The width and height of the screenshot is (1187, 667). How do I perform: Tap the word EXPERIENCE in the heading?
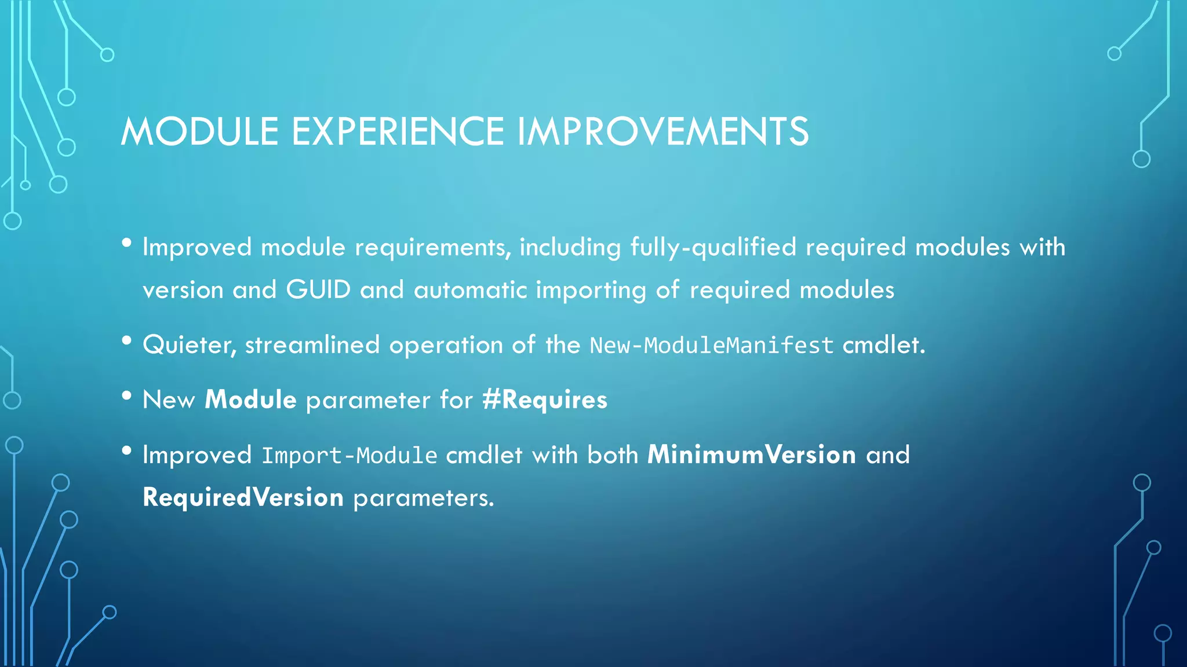398,131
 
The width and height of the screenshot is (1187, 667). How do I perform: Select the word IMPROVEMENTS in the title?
662,131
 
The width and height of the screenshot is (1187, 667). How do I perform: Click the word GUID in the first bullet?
318,289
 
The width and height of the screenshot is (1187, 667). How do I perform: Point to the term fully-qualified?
713,247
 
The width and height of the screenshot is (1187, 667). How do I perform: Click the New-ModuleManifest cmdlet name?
711,346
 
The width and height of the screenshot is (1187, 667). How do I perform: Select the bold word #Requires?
545,400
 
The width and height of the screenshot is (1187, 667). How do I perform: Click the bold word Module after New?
250,400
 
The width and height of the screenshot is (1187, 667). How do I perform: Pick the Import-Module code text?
349,456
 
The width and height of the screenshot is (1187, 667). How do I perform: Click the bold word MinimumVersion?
752,455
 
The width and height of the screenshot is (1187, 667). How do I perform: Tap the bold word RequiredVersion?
243,497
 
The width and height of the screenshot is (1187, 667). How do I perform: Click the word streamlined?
312,345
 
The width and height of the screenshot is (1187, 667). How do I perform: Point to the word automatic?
470,289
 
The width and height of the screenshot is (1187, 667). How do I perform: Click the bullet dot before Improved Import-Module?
127,450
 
